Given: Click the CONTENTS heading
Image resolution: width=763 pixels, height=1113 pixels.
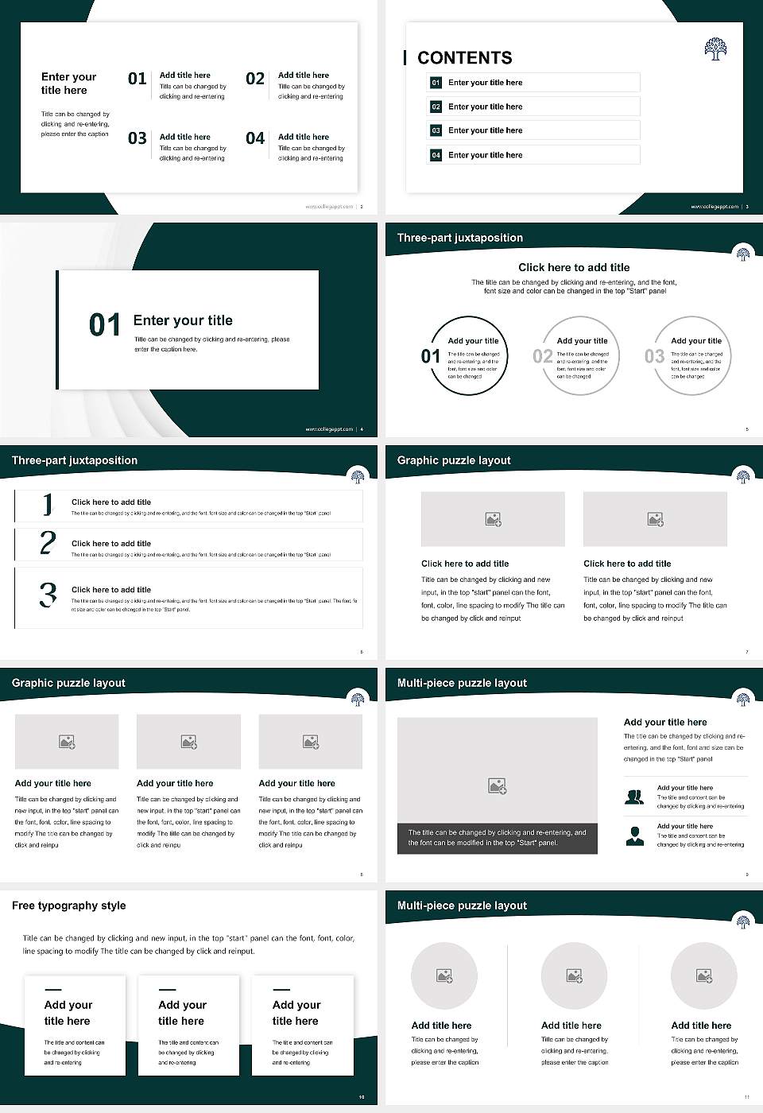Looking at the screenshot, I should pyautogui.click(x=464, y=58).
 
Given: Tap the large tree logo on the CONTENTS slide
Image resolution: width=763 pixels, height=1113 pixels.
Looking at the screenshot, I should pyautogui.click(x=715, y=48).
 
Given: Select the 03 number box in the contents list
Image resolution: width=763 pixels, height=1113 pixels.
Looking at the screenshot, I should pyautogui.click(x=436, y=130).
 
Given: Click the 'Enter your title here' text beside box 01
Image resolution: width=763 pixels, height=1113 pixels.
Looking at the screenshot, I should pyautogui.click(x=485, y=83).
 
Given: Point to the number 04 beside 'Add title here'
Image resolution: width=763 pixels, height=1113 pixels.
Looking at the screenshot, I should pyautogui.click(x=255, y=138).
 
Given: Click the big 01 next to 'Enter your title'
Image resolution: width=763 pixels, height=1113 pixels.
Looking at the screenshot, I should pyautogui.click(x=105, y=325).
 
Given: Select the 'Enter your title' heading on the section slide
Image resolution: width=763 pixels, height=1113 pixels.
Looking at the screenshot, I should pyautogui.click(x=183, y=320).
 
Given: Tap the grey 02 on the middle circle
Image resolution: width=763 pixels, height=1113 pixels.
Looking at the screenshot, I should pyautogui.click(x=543, y=356).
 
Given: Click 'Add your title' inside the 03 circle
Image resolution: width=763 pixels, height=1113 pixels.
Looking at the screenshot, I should pyautogui.click(x=695, y=341).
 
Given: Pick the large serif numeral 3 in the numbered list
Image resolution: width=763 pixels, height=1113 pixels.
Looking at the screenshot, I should pyautogui.click(x=48, y=595).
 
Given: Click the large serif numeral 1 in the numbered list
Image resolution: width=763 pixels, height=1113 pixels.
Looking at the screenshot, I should pyautogui.click(x=48, y=505).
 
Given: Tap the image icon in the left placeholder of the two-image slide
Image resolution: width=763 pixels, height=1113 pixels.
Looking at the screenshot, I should pyautogui.click(x=493, y=519).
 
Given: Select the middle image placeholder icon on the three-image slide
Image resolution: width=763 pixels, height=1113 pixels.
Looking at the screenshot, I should pyautogui.click(x=188, y=742).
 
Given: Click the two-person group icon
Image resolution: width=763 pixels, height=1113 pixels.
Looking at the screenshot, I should pyautogui.click(x=634, y=797).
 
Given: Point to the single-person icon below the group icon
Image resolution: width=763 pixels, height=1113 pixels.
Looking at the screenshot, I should pyautogui.click(x=634, y=836).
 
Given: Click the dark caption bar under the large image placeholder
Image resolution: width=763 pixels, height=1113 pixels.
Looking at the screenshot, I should pyautogui.click(x=497, y=838).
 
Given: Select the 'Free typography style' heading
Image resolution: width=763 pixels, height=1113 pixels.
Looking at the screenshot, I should pyautogui.click(x=69, y=906).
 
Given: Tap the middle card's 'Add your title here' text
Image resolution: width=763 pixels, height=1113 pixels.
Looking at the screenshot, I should pyautogui.click(x=182, y=1013).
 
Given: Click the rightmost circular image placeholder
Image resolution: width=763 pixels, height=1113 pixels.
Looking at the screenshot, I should pyautogui.click(x=703, y=975).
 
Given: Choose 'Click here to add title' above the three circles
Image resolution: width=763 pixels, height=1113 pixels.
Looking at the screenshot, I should pyautogui.click(x=574, y=268).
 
